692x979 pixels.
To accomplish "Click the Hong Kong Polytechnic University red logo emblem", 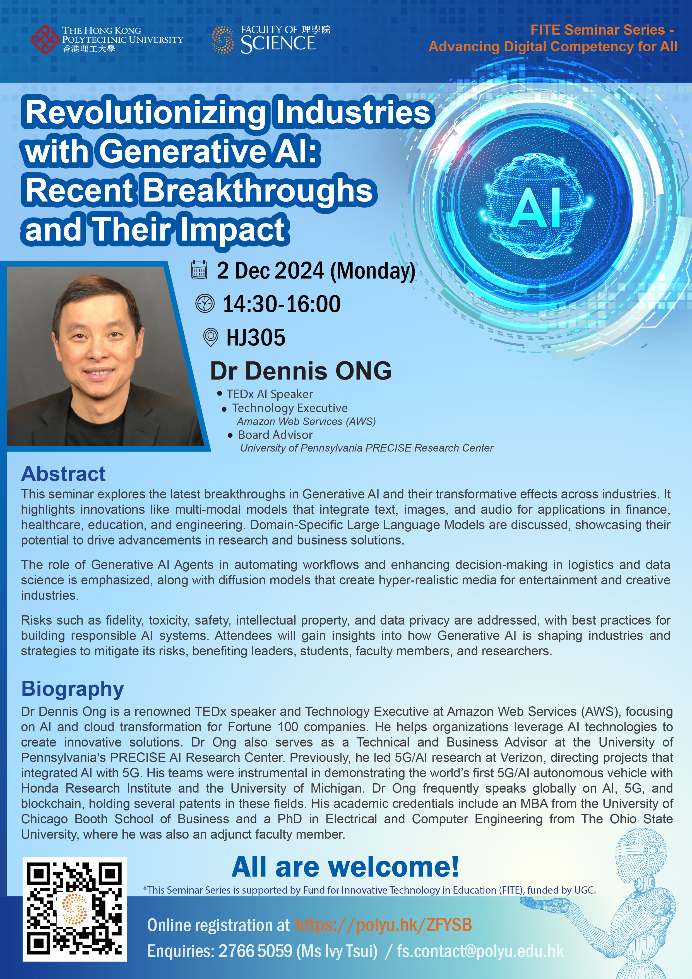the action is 45,40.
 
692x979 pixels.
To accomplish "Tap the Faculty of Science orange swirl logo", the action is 223,40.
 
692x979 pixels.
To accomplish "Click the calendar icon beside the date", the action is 199,270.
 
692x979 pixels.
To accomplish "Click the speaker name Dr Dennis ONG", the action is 301,371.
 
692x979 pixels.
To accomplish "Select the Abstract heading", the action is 64,474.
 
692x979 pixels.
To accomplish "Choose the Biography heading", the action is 73,689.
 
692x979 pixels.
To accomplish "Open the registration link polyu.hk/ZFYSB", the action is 384,925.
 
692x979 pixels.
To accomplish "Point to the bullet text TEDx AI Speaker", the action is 270,394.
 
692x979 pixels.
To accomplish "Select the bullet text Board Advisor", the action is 275,435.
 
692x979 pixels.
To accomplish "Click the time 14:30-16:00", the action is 282,304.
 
